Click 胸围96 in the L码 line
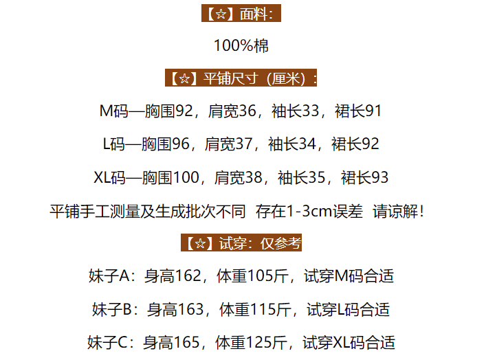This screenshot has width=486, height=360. pos(165,144)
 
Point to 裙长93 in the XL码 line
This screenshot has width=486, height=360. pos(364,178)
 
